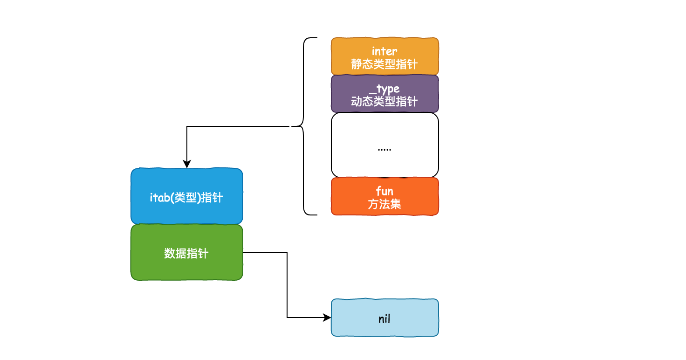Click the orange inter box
[x=384, y=56]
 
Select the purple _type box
[x=384, y=94]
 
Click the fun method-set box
[x=384, y=196]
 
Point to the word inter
[x=384, y=51]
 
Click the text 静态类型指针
[x=384, y=64]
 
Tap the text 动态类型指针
[x=384, y=101]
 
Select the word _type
[x=384, y=89]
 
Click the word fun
[x=384, y=191]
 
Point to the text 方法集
[x=384, y=204]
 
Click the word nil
[x=384, y=319]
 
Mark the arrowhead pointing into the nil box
[x=328, y=318]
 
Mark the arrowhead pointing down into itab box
[x=187, y=165]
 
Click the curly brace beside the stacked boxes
[x=304, y=126]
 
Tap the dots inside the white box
[x=384, y=149]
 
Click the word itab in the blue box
[x=160, y=197]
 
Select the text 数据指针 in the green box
[x=186, y=253]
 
